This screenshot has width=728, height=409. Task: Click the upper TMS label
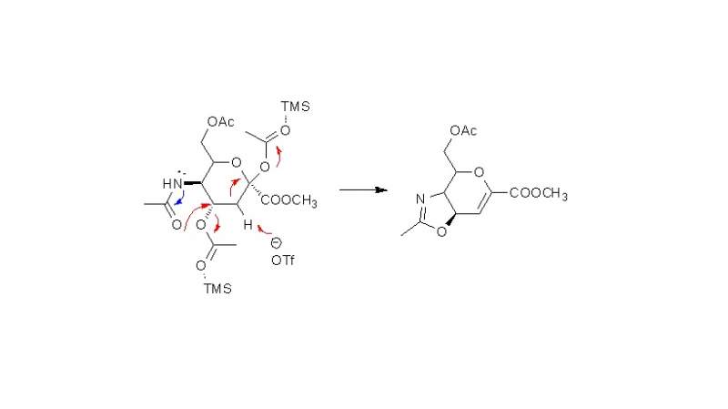coord(295,107)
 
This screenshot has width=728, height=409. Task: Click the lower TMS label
coord(217,289)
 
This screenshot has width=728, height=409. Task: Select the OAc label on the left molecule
coord(221,122)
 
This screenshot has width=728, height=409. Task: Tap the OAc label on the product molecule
coord(463,130)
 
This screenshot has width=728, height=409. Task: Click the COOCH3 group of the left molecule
coord(288,200)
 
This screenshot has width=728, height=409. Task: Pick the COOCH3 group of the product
coord(539,193)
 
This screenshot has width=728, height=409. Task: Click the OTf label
coord(283,261)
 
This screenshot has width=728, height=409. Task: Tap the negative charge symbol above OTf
coord(277,243)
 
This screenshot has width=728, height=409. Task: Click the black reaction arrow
coord(363,189)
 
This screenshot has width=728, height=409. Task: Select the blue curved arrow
coord(180,199)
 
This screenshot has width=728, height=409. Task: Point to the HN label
coord(172,184)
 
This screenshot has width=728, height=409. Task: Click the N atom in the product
coord(420,199)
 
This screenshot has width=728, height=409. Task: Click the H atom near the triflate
coord(248,225)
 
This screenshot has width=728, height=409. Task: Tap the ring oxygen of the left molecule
coord(237,163)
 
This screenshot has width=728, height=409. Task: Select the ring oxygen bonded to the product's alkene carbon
coord(479,172)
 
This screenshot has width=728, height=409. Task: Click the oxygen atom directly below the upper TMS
coord(285,130)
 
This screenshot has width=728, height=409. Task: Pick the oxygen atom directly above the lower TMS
coord(200,266)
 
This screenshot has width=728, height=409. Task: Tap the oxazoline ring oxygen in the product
coord(441,231)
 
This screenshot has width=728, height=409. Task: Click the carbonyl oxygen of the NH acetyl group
coord(177,225)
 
